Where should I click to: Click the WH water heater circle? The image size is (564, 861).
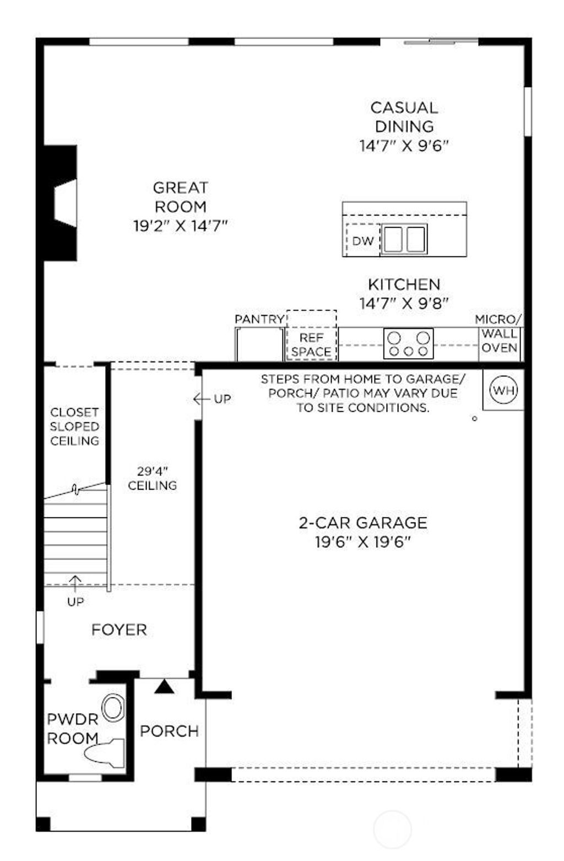click(503, 391)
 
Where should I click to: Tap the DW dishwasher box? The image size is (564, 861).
click(363, 240)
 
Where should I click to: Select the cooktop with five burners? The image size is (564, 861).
click(408, 343)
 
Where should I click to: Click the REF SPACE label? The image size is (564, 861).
click(311, 345)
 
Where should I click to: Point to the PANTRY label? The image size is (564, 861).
click(259, 320)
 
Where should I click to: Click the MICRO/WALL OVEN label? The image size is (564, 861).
click(499, 334)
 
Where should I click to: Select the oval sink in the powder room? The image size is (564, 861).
click(113, 708)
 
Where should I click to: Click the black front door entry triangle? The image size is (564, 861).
click(164, 686)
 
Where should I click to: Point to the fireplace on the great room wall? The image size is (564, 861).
click(62, 202)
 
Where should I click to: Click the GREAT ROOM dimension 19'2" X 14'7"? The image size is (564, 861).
click(180, 226)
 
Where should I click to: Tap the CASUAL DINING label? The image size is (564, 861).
click(404, 117)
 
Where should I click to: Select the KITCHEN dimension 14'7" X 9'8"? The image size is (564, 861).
click(404, 303)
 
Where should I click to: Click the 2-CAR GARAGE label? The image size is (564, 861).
click(363, 523)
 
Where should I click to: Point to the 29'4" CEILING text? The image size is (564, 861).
click(153, 478)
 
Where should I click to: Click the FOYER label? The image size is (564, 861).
click(119, 629)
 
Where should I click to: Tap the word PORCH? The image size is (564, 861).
click(169, 731)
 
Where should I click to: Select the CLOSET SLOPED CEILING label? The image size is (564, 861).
click(74, 427)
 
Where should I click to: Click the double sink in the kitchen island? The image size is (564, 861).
click(404, 239)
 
